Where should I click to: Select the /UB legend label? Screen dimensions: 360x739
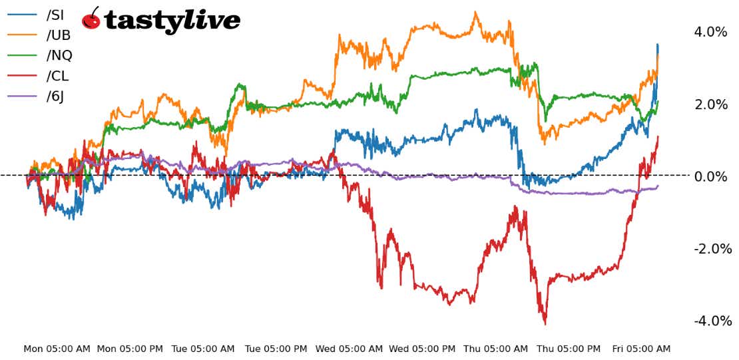tap(59, 35)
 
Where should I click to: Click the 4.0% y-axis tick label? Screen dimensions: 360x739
tap(711, 32)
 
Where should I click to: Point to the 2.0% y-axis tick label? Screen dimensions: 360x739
tap(711, 104)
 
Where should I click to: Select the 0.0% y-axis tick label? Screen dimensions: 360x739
tap(711, 176)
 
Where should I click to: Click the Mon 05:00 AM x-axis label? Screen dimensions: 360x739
tap(57, 349)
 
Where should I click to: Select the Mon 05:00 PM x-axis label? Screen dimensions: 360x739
tap(130, 349)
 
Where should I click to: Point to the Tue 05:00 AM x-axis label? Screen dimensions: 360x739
tap(204, 349)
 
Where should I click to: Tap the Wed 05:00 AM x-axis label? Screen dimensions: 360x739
tap(350, 349)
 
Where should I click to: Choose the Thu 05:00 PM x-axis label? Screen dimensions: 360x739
tap(569, 349)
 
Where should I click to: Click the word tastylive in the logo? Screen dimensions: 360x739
tap(172, 21)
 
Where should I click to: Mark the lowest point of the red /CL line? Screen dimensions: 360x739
tap(545, 324)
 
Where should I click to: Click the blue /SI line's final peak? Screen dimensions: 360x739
tap(658, 45)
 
